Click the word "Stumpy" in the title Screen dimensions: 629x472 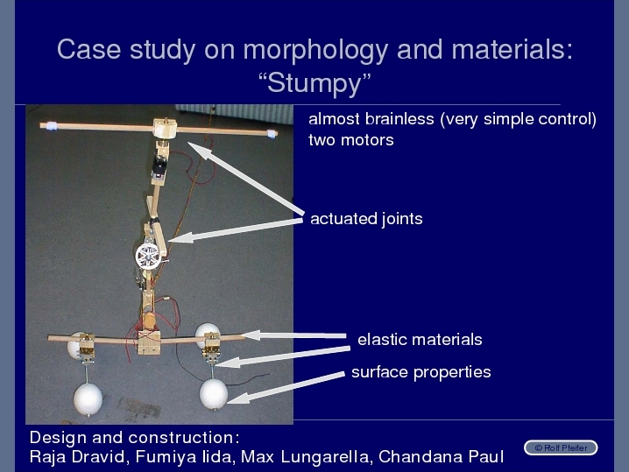pos(314,83)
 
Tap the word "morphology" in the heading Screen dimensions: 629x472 pos(315,50)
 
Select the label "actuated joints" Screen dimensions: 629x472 pos(366,219)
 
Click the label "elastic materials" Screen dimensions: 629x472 pos(420,339)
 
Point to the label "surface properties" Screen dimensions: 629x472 pos(421,372)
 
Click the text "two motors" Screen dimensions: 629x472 pos(351,140)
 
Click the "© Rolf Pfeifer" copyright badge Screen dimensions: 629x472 pos(561,447)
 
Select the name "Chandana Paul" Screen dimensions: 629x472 pos(441,457)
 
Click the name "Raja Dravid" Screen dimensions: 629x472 pos(77,457)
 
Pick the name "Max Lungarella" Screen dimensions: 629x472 pos(305,457)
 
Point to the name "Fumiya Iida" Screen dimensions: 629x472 pos(185,457)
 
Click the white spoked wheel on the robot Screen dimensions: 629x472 pos(148,256)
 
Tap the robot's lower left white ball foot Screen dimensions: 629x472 pos(88,398)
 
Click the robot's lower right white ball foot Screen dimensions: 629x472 pos(214,394)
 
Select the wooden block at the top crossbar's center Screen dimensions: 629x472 pos(165,128)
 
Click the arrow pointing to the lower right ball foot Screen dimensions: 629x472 pos(286,387)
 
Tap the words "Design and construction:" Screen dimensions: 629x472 pos(134,437)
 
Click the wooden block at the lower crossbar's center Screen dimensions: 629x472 pos(149,342)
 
